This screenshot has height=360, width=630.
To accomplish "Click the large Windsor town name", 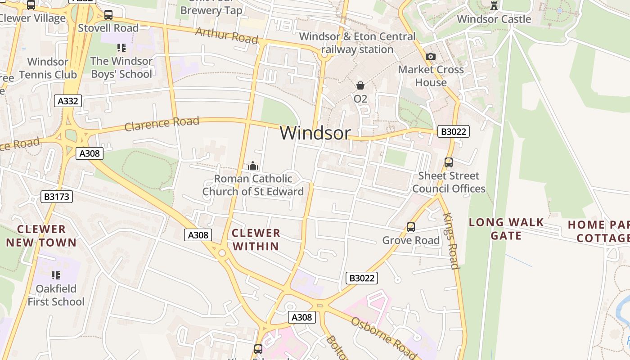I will pos(315,133).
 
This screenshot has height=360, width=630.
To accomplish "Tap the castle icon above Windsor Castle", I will pos(494,5).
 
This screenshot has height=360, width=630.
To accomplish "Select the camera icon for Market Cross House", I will pos(431,56).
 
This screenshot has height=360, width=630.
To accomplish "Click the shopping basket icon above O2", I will pos(360,85).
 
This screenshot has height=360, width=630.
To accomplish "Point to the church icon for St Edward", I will pos(253,166).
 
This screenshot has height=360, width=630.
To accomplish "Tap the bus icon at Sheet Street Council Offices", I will pos(449,162).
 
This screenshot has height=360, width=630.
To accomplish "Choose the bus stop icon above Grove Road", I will pos(411,227).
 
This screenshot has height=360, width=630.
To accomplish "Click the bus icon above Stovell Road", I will pos(108,15).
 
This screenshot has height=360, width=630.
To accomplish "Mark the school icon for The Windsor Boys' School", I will pos(121,47).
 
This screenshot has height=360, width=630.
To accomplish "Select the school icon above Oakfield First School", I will pos(56,275).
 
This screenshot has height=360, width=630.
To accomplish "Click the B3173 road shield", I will pos(57,197).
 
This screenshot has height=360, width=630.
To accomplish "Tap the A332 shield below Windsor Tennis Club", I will pos(68,101).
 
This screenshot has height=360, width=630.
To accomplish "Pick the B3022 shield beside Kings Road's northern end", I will pos(454,131).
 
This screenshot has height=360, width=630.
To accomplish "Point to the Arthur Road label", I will pos(227,36).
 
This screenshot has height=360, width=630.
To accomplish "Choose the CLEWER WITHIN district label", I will pos(256,239).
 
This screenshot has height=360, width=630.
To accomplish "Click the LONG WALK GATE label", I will pos(506,229).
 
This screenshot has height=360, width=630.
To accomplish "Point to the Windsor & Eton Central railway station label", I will pos(357,43).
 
